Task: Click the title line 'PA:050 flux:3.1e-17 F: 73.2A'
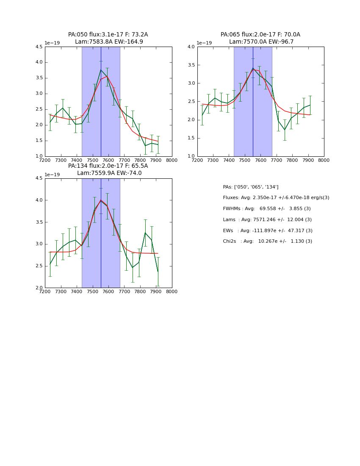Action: coord(108,35)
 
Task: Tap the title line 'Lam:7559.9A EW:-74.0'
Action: coord(109,173)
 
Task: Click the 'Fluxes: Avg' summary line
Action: coord(276,198)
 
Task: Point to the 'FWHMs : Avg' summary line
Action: coord(267,209)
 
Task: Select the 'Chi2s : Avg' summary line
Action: coord(267,241)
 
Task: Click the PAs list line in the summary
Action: coord(250,187)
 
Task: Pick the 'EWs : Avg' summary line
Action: coord(267,230)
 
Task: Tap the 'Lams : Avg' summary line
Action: coord(267,220)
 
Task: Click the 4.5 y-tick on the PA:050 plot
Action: coord(39,47)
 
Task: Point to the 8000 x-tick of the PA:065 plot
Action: coord(324,160)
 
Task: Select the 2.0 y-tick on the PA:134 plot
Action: coord(39,288)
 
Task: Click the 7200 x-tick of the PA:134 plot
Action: coord(45,291)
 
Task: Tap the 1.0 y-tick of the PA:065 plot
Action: coord(191,156)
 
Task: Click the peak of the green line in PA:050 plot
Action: coord(101,70)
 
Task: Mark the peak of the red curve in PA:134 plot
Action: coord(101,200)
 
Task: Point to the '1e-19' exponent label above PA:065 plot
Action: coord(204,43)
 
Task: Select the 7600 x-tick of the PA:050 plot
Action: coord(108,160)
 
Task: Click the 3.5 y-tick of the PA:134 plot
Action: coord(39,222)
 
